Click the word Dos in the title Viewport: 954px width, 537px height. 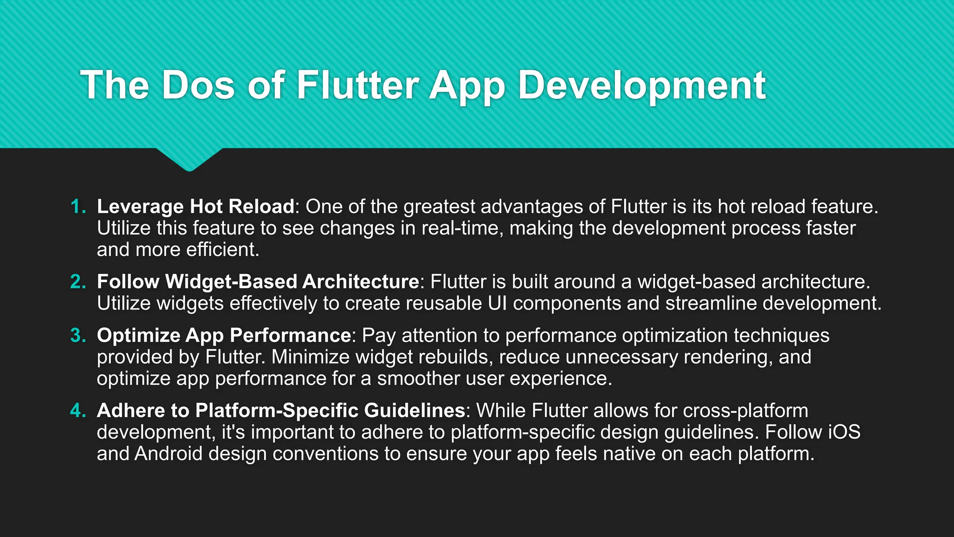[198, 85]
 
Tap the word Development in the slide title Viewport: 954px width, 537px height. [642, 85]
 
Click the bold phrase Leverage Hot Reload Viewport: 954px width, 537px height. [196, 207]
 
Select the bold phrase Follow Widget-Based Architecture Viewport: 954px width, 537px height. [258, 282]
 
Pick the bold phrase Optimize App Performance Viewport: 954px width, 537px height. [224, 335]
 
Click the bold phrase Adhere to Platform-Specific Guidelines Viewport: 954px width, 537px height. [281, 410]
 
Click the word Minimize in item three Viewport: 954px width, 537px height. [310, 357]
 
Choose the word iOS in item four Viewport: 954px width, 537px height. [844, 432]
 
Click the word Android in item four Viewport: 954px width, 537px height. [168, 454]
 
